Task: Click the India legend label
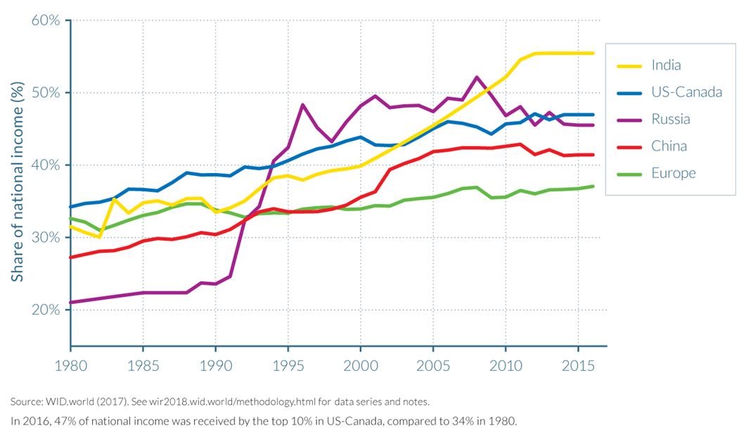click(666, 65)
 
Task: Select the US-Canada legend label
click(686, 92)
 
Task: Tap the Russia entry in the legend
click(671, 119)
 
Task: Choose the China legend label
click(669, 146)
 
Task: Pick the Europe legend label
click(673, 173)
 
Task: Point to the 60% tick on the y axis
click(46, 20)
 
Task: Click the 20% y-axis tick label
click(46, 310)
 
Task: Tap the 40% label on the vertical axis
click(46, 165)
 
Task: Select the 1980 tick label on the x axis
click(71, 367)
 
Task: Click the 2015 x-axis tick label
click(578, 367)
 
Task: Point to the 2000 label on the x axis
click(361, 367)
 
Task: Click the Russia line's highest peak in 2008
click(477, 77)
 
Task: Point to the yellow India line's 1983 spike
click(115, 199)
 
